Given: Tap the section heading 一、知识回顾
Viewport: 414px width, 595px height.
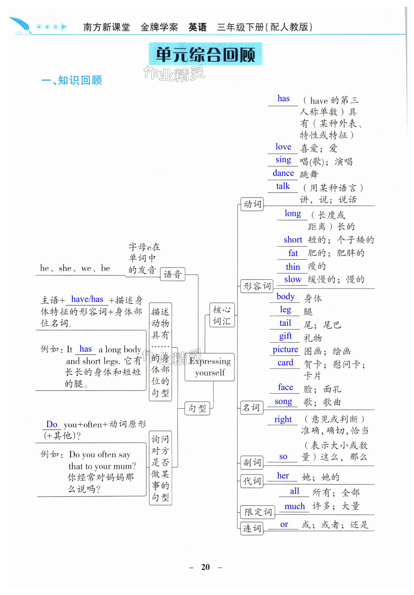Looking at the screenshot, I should pyautogui.click(x=71, y=80).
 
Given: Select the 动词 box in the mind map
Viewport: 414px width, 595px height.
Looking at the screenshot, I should pyautogui.click(x=252, y=204).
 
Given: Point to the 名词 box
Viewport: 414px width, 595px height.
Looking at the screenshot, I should pyautogui.click(x=251, y=408).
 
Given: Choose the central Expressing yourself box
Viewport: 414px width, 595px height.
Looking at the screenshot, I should pyautogui.click(x=209, y=367).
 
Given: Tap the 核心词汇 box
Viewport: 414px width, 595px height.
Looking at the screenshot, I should pyautogui.click(x=222, y=315).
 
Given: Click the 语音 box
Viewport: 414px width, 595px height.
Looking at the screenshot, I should pyautogui.click(x=172, y=274).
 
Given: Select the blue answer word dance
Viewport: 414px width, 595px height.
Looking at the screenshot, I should pyautogui.click(x=283, y=173).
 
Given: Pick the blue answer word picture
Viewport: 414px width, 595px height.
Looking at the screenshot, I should pyautogui.click(x=285, y=349).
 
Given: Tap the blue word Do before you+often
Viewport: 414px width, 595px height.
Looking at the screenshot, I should pyautogui.click(x=52, y=424).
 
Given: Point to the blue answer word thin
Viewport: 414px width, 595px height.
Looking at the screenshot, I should pyautogui.click(x=293, y=267).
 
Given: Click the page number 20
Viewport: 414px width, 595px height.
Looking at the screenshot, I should pyautogui.click(x=205, y=567).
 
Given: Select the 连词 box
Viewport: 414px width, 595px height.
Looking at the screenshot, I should pyautogui.click(x=252, y=528).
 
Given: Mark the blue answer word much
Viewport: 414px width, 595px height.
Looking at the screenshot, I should pyautogui.click(x=294, y=506).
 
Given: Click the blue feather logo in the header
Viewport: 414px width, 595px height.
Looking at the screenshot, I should pyautogui.click(x=21, y=25).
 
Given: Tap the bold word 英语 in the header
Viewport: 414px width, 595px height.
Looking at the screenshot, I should pyautogui.click(x=197, y=27).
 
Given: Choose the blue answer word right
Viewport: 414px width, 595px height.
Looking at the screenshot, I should pyautogui.click(x=283, y=419).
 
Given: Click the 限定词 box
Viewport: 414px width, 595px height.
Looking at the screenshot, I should pyautogui.click(x=257, y=511).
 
